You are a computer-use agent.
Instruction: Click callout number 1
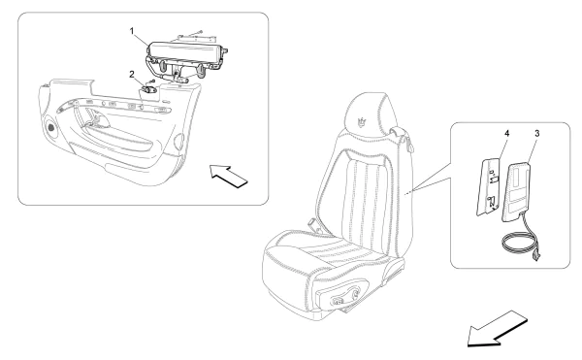(x=132, y=30)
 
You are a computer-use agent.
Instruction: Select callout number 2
(x=131, y=73)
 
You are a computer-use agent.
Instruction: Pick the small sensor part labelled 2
(x=151, y=87)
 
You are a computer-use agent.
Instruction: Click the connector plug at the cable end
(x=537, y=256)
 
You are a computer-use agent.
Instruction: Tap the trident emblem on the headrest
(x=361, y=125)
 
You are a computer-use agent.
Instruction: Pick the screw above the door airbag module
(x=194, y=30)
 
